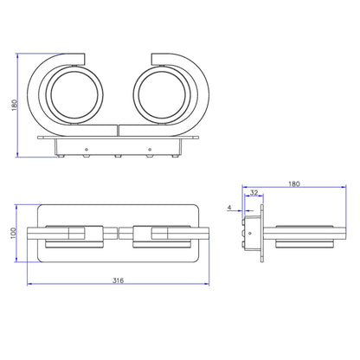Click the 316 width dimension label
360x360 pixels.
[118, 280]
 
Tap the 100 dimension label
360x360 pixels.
[14, 233]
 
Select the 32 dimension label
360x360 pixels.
[254, 192]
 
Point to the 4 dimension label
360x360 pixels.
[229, 207]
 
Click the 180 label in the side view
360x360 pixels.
[294, 183]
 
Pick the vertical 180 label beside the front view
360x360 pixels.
[14, 106]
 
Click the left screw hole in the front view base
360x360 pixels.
[87, 150]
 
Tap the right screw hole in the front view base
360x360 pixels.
[150, 150]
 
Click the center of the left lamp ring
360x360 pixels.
[74, 95]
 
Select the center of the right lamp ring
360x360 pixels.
[162, 95]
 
